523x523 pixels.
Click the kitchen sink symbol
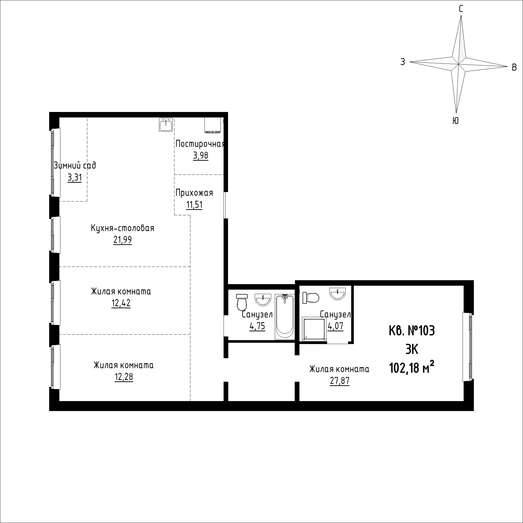[166, 125]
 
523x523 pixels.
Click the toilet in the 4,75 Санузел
[241, 302]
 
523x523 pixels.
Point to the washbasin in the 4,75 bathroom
[263, 300]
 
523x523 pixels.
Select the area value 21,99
[123, 240]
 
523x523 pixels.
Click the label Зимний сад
[75, 165]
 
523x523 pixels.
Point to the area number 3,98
[201, 156]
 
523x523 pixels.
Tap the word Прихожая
[194, 193]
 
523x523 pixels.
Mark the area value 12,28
[124, 377]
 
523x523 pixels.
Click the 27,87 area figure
[339, 381]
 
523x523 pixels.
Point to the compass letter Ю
[456, 121]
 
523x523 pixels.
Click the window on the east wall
[468, 346]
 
